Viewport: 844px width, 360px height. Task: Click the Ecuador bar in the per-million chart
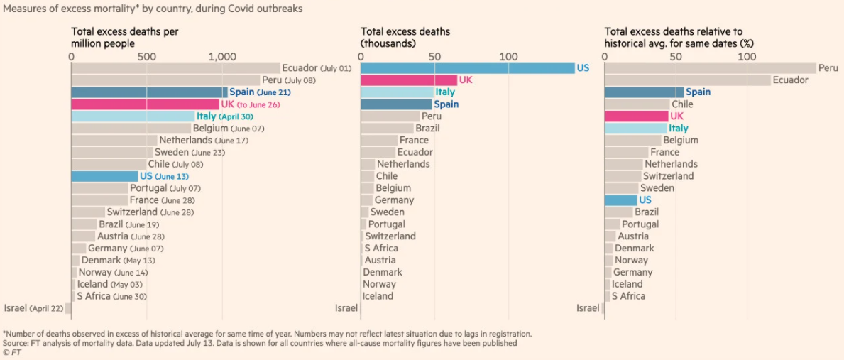coord(175,68)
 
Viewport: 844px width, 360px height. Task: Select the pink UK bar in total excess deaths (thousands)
coord(409,80)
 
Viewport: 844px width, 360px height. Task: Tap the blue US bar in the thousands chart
coord(467,68)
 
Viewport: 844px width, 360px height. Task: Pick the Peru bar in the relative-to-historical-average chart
coord(710,68)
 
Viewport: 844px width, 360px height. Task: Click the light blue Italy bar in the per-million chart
coord(133,116)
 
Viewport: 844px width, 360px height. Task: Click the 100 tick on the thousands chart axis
coord(508,57)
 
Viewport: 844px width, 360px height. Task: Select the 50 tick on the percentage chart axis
coord(676,57)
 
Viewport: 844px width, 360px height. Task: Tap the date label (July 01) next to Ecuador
coord(336,69)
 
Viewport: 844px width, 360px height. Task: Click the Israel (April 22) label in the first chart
coord(33,308)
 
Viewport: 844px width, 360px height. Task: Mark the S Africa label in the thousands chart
coord(381,249)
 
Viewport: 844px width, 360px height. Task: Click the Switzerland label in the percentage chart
coord(668,176)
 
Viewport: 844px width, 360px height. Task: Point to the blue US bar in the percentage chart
coord(620,200)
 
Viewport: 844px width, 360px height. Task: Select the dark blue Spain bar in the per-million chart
coord(149,92)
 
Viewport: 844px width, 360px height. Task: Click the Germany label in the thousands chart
coord(394,200)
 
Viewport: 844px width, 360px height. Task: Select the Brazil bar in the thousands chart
coord(387,129)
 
